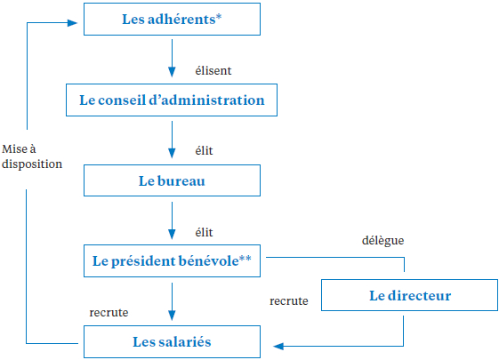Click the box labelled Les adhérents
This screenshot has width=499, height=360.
click(x=172, y=19)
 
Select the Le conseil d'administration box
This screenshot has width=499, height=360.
click(x=172, y=100)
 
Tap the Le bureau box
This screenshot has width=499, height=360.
click(x=172, y=180)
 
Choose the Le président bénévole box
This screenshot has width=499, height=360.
click(x=172, y=260)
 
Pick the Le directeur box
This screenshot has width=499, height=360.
click(x=409, y=295)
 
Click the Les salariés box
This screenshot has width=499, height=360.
click(x=172, y=342)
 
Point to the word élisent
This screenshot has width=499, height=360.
click(x=213, y=70)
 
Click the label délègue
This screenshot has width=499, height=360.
click(x=382, y=240)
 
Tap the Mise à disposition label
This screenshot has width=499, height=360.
click(x=32, y=156)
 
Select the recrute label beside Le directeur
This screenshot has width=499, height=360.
click(x=289, y=300)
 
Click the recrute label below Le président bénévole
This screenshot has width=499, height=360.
click(x=109, y=313)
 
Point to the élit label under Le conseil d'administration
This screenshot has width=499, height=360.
click(x=204, y=150)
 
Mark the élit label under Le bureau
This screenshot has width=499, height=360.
click(x=204, y=233)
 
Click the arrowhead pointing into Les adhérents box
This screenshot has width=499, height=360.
click(x=73, y=22)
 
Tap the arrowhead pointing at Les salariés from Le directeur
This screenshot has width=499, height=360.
click(x=278, y=347)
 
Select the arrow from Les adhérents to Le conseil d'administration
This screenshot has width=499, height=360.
click(x=172, y=58)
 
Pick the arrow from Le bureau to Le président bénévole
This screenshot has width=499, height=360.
click(x=172, y=220)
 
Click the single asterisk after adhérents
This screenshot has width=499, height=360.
click(x=219, y=16)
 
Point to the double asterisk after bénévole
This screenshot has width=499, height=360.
click(x=245, y=258)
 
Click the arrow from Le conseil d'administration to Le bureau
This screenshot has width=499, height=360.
click(x=172, y=140)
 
